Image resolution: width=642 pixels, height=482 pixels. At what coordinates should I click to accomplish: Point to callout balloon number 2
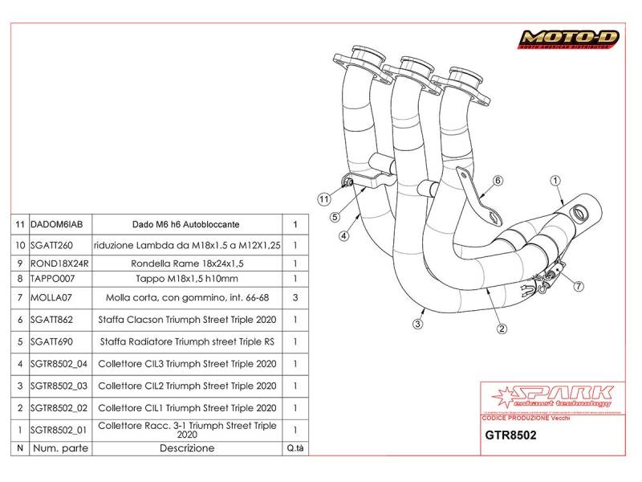tap(502, 329)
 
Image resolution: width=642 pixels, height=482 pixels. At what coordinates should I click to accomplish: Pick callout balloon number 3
tap(418, 324)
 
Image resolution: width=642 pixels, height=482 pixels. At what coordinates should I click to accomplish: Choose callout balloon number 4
tap(343, 236)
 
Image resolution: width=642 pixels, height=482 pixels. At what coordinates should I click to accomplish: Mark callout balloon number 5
tap(334, 217)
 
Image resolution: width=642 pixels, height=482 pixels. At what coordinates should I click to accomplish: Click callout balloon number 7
tap(579, 285)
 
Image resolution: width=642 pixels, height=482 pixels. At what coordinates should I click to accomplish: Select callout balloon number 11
tap(323, 197)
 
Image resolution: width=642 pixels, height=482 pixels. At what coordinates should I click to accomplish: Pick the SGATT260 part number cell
tap(51, 245)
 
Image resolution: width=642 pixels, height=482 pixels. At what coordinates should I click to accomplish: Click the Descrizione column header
tap(186, 447)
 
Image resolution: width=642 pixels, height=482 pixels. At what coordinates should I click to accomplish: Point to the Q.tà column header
tap(295, 447)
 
